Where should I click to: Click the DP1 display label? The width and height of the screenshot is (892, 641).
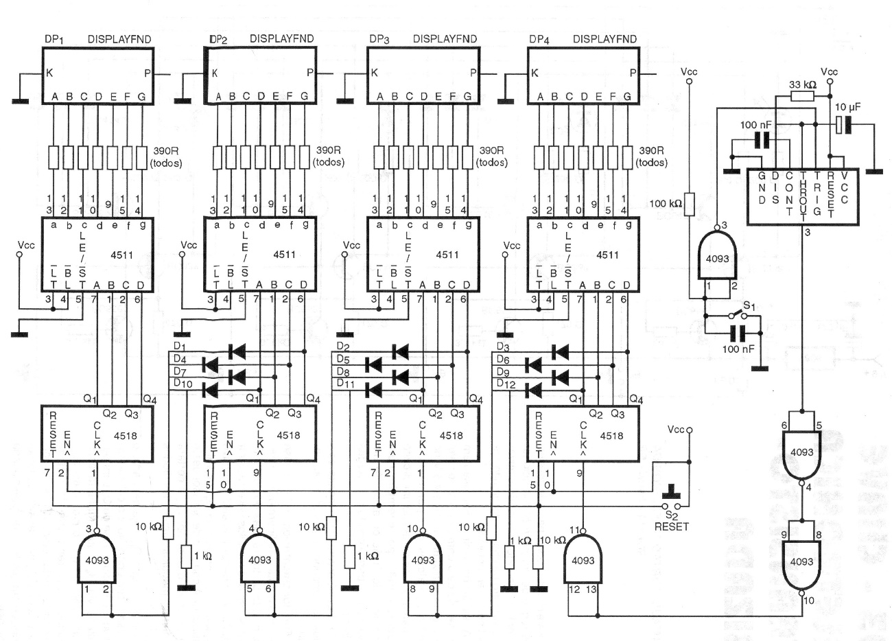(54, 39)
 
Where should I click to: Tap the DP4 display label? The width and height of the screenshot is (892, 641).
(539, 39)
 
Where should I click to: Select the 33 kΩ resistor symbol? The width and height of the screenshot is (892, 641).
(802, 96)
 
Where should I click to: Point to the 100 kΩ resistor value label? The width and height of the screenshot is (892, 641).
(666, 204)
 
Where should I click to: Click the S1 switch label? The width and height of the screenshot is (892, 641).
(749, 306)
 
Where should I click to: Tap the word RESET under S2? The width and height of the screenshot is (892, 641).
(671, 526)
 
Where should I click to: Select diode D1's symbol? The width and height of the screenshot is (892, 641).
(237, 352)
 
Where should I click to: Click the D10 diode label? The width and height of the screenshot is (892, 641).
(183, 383)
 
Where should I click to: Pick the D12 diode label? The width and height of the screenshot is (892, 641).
(506, 384)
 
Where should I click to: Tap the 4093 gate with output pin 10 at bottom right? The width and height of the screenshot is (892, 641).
(801, 561)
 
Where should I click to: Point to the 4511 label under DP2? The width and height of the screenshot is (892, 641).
(284, 255)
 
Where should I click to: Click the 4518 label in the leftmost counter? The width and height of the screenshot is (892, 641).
(126, 436)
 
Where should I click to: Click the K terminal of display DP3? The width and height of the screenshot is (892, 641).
(375, 73)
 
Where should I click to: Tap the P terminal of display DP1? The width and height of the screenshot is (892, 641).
(148, 73)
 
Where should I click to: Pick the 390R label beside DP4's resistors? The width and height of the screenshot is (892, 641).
(650, 150)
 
